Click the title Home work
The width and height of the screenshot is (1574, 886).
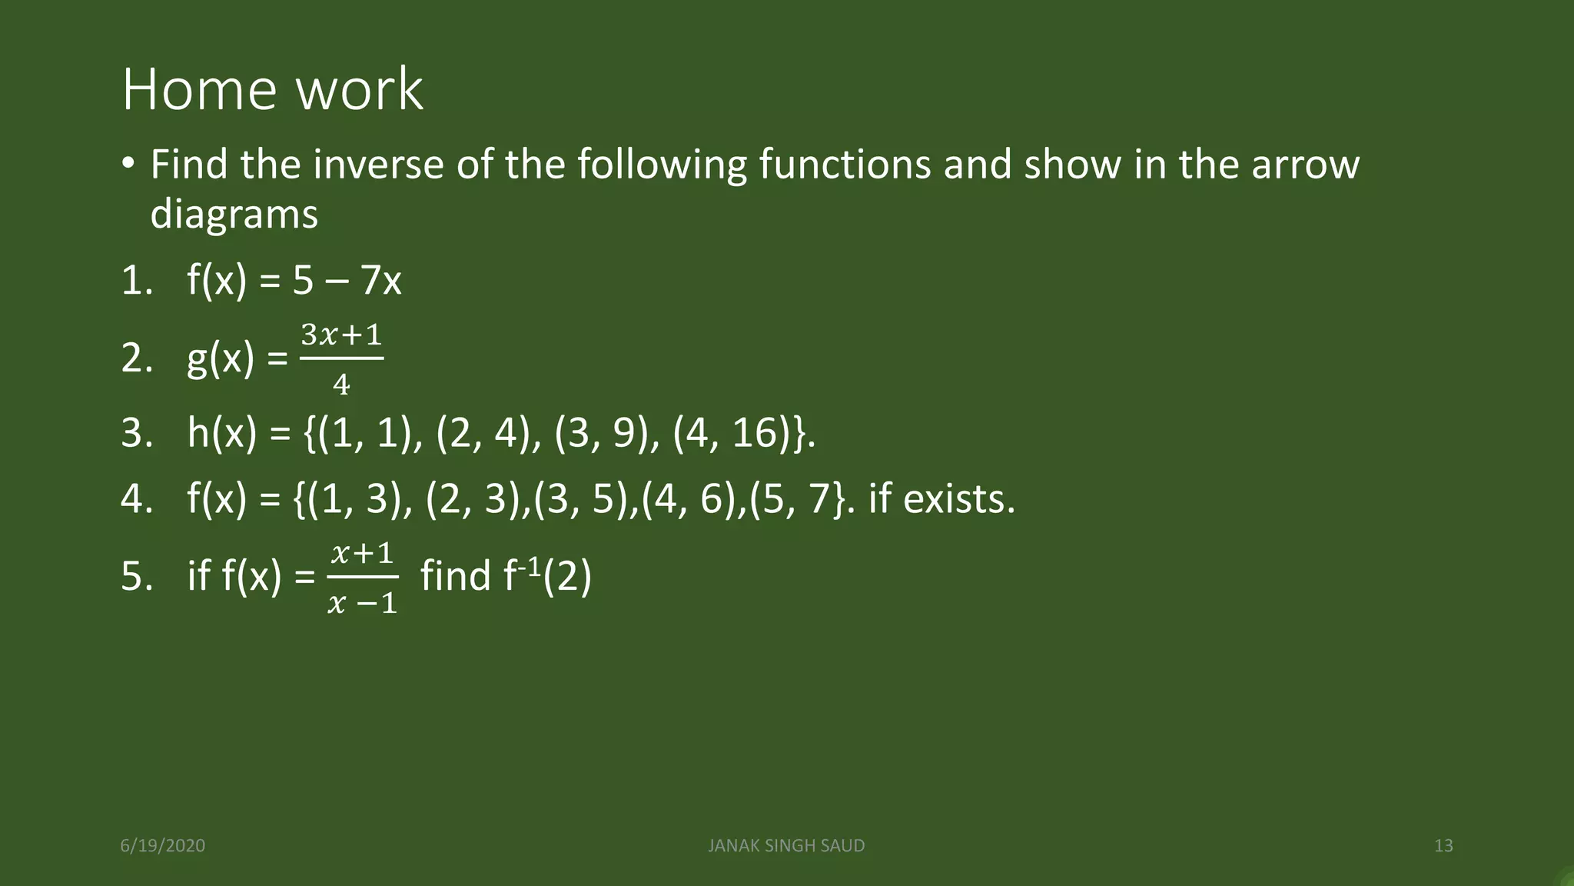pyautogui.click(x=272, y=89)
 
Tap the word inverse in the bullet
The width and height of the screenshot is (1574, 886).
pyautogui.click(x=378, y=165)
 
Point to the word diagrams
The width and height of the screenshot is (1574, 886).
pyautogui.click(x=234, y=214)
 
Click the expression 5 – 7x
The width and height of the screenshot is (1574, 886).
pyautogui.click(x=347, y=281)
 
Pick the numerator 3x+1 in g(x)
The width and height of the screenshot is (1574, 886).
pyautogui.click(x=341, y=335)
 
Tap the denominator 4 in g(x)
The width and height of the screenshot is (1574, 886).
pyautogui.click(x=341, y=384)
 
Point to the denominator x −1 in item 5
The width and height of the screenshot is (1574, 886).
pyautogui.click(x=362, y=604)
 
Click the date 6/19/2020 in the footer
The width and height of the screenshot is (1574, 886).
pyautogui.click(x=163, y=846)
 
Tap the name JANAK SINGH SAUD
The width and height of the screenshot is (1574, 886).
pyautogui.click(x=786, y=846)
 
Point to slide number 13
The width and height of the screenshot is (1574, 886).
pyautogui.click(x=1443, y=846)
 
